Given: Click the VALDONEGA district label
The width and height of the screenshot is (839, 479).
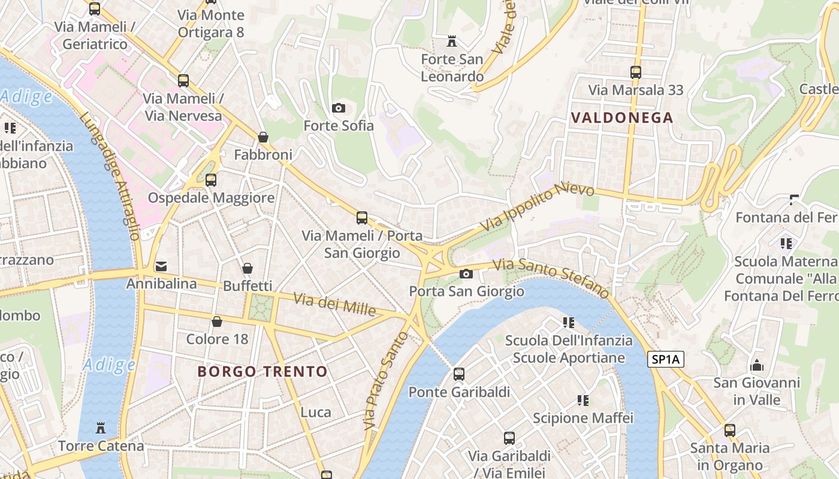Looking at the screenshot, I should click(622, 117).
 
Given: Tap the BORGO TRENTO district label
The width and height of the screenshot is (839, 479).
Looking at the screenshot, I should click(262, 371).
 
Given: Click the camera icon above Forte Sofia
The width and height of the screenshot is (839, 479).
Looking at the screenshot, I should click(339, 108).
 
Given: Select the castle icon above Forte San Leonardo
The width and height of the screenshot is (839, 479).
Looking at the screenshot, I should click(452, 42).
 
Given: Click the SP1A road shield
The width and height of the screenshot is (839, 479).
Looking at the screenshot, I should click(666, 360).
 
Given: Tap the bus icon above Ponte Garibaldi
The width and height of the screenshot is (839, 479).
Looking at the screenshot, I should click(459, 374).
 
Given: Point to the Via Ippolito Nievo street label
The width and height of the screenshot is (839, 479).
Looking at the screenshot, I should click(537, 207).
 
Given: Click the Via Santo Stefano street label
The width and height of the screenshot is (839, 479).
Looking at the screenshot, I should click(550, 278).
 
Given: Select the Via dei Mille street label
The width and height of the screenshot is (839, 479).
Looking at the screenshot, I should click(334, 305).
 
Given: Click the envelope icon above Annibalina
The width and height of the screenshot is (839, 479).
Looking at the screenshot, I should click(161, 266).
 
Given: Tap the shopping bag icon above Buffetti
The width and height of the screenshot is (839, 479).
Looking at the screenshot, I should click(248, 268).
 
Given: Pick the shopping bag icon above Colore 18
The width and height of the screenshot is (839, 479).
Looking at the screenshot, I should click(217, 322).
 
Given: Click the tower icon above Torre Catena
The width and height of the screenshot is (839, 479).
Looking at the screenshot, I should click(101, 428).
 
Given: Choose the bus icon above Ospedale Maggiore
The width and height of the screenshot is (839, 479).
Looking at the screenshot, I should click(210, 180).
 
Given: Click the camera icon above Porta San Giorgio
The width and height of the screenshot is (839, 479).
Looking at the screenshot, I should click(466, 274).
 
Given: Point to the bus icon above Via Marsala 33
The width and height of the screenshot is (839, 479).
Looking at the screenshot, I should click(636, 72).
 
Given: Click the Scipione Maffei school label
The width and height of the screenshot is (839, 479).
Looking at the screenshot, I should click(583, 418).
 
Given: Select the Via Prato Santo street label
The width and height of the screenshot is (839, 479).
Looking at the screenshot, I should click(386, 381).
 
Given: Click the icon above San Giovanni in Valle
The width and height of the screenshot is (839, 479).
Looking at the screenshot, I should click(757, 365).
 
